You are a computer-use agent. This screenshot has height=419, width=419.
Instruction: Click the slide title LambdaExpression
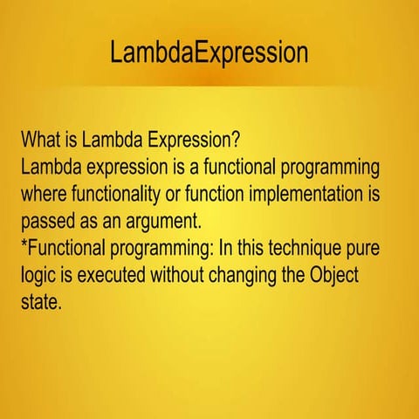[209, 52]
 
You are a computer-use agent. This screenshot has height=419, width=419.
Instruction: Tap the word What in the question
[42, 140]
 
